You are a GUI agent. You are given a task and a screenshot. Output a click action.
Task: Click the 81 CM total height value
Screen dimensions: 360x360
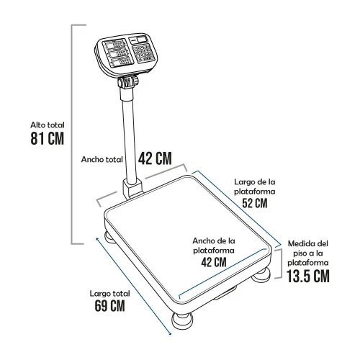coord(48,138)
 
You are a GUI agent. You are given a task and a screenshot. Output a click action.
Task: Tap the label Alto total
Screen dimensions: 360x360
coord(48,125)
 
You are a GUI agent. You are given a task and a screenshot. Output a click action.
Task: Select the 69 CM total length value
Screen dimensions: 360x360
coord(109,305)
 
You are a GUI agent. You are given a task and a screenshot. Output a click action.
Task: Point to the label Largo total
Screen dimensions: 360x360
coord(109,294)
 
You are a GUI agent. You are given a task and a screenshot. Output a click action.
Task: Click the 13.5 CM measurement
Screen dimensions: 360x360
coord(308,276)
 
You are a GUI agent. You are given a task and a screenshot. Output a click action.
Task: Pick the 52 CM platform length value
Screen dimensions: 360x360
coord(255,203)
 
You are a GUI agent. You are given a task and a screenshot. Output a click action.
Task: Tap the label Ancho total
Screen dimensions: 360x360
coord(102,159)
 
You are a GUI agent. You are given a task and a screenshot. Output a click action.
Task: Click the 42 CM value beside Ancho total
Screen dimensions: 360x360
coord(155,158)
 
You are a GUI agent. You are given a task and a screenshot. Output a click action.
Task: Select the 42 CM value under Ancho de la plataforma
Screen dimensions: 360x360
coord(214,262)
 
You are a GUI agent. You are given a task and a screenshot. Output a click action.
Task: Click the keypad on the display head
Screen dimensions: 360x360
coord(143,53)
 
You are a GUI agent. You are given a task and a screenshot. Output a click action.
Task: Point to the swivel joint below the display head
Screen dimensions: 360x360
coord(128,81)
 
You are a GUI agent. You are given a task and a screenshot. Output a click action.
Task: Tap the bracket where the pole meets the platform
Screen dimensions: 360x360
coord(132,189)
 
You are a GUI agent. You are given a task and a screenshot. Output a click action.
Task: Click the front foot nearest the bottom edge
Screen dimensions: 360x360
coord(182,321)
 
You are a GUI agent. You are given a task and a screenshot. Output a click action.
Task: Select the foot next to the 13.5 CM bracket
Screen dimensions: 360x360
coord(261,275)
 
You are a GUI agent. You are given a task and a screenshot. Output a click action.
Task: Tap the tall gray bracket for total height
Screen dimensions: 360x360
coord(72,135)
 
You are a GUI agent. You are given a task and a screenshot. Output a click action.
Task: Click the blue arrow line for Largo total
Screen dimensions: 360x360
coord(133,286)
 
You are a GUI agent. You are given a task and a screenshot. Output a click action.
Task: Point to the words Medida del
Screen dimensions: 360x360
coord(308,243)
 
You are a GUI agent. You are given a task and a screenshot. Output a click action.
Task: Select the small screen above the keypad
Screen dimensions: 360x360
coord(139,40)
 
